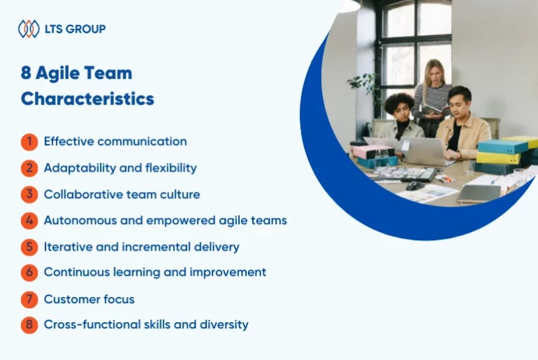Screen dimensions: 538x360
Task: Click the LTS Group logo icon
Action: coord(29,29)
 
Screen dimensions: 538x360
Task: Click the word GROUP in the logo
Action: coord(85,29)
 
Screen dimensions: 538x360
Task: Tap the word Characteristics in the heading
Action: coord(88,99)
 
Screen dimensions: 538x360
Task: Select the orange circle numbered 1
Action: coord(29,141)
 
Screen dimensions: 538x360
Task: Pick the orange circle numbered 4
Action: coord(29,221)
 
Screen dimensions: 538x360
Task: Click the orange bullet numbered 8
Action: coord(29,325)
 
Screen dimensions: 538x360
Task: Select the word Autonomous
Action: coord(81,221)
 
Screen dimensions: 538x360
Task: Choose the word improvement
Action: coord(228,272)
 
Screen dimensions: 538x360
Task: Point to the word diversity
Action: coord(224,325)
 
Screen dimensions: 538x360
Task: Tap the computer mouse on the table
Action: coord(415,186)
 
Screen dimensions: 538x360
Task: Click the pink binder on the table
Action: coord(371,152)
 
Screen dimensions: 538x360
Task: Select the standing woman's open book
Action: coord(435,110)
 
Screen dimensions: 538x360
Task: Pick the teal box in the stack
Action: coord(502,147)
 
